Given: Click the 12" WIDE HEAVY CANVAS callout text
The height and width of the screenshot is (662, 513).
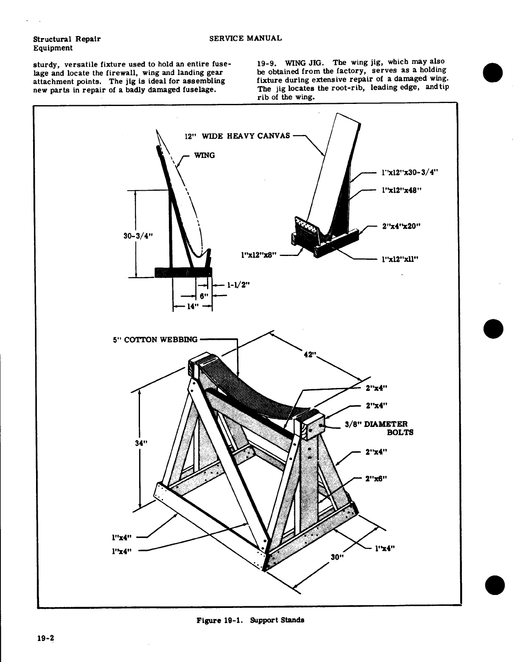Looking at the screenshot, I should point(237,136).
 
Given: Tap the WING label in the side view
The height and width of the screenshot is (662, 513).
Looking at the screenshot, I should point(205,155).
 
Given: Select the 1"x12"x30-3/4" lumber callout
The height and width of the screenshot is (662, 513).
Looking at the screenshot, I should point(411,172).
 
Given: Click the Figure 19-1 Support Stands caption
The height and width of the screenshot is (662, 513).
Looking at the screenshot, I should point(250,620).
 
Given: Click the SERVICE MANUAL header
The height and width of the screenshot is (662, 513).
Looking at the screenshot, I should point(245,38).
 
